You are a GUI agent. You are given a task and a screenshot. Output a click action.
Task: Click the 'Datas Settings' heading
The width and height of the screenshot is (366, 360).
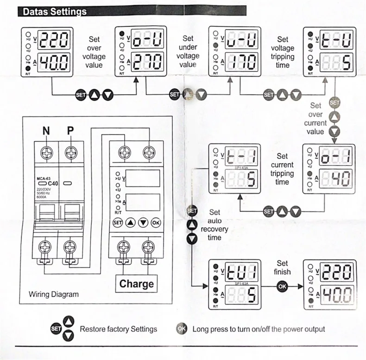tap(55, 12)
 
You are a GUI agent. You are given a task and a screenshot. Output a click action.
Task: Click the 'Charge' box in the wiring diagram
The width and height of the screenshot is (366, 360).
tap(136, 283)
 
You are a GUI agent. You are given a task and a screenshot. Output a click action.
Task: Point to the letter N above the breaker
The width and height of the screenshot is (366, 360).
tap(46, 131)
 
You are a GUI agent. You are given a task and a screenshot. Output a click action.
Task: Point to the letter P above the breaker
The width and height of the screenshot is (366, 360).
tap(70, 131)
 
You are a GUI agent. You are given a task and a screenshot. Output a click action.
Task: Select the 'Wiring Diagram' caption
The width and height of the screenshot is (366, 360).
tap(54, 294)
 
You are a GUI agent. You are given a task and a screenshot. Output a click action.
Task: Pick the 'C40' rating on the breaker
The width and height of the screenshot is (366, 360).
tap(52, 184)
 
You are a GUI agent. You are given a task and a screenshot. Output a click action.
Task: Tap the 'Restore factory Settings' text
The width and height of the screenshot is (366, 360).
tap(118, 329)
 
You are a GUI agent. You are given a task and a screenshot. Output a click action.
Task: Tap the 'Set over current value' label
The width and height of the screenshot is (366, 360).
tap(316, 119)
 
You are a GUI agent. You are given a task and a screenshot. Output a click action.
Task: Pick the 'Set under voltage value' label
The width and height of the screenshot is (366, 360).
tap(188, 51)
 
